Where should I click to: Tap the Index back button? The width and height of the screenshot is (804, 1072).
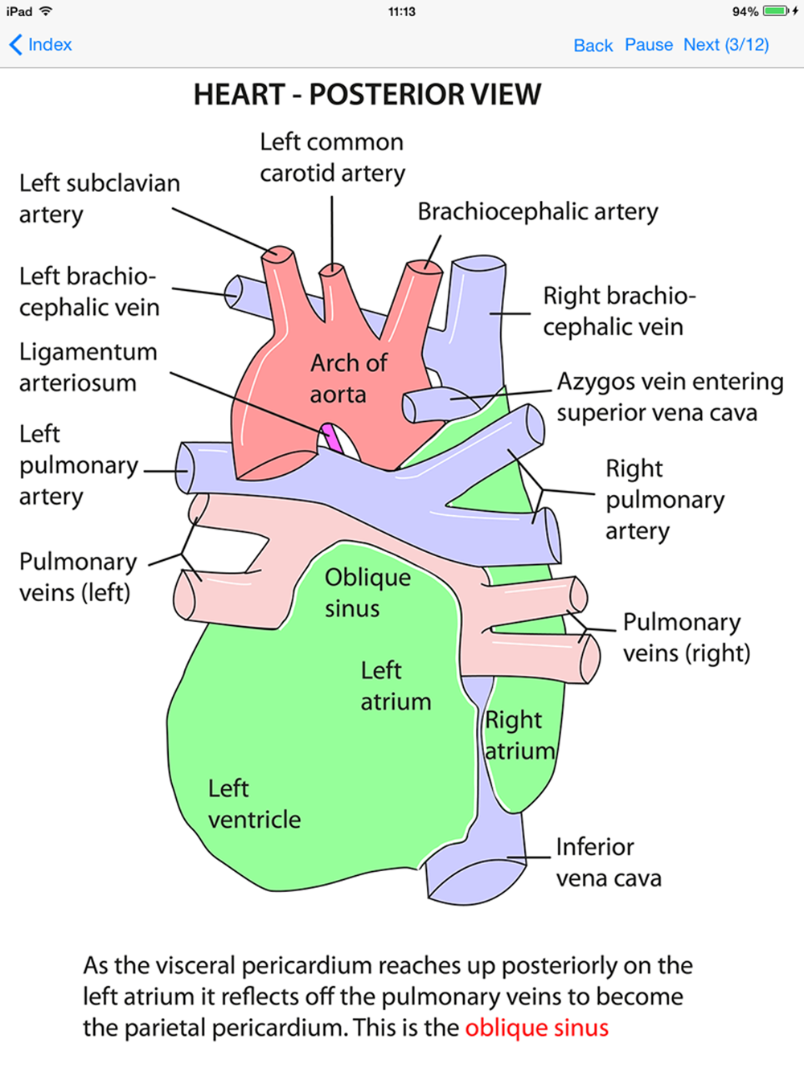pos(40,45)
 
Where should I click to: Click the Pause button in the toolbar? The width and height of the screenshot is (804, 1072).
pos(649,45)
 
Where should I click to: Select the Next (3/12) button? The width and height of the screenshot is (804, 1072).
pos(726,45)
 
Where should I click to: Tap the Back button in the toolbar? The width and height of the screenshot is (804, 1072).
pos(593,46)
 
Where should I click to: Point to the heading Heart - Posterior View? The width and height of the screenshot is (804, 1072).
pos(367,94)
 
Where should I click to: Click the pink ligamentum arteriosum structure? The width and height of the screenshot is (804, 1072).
pos(333,438)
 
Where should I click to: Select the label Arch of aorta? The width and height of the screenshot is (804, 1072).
pos(348,378)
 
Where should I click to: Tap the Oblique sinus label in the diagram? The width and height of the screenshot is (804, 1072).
pos(367,593)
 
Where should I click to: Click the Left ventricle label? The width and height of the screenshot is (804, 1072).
pos(254,804)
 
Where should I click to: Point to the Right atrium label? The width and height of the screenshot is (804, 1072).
pos(519,735)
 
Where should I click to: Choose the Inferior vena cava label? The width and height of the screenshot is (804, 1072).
pos(609,862)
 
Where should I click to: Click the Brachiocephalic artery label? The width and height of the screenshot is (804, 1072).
pos(537,212)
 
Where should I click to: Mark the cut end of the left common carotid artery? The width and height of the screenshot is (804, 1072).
pos(332,268)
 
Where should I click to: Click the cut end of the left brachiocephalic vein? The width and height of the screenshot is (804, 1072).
pos(233,292)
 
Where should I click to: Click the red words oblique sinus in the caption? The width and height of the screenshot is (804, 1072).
pos(536,1028)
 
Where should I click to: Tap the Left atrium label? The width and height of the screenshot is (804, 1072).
pos(396,686)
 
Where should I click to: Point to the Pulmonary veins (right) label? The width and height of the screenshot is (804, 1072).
pos(687,638)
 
